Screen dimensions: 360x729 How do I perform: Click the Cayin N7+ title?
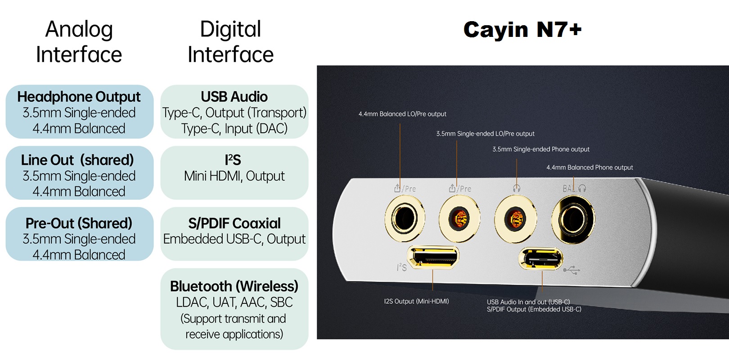click(x=522, y=30)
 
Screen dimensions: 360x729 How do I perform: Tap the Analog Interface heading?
click(x=79, y=42)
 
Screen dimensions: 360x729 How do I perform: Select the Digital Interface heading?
click(x=230, y=42)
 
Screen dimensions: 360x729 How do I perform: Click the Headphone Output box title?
click(x=79, y=97)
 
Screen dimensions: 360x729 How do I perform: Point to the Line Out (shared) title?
click(x=77, y=160)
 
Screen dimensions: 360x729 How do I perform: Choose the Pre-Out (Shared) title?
click(x=79, y=223)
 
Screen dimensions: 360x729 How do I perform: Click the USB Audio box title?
click(x=234, y=97)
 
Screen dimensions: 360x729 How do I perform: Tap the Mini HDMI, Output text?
click(x=234, y=176)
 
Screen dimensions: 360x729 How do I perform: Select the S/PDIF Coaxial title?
click(x=234, y=223)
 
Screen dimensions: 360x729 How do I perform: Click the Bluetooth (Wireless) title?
click(x=234, y=286)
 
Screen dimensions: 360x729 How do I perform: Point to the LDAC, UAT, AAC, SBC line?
click(x=234, y=302)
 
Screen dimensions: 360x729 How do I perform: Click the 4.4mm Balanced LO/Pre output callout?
click(x=402, y=114)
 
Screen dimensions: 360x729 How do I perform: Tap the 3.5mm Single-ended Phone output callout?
click(x=541, y=149)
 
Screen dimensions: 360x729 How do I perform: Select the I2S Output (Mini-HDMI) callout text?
click(x=416, y=301)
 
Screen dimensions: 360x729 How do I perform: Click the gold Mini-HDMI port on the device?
click(x=433, y=257)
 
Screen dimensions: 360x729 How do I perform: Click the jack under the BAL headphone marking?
click(x=573, y=220)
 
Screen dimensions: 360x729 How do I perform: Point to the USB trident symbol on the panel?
click(x=571, y=270)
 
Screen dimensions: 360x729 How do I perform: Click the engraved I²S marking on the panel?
click(x=401, y=267)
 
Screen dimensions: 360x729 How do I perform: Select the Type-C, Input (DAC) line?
click(x=234, y=129)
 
